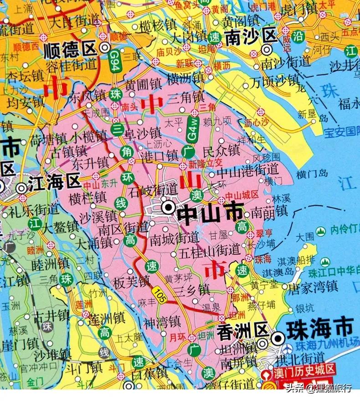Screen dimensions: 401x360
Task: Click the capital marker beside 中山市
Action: tap(168, 208)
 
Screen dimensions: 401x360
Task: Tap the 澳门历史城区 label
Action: tap(304, 370)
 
